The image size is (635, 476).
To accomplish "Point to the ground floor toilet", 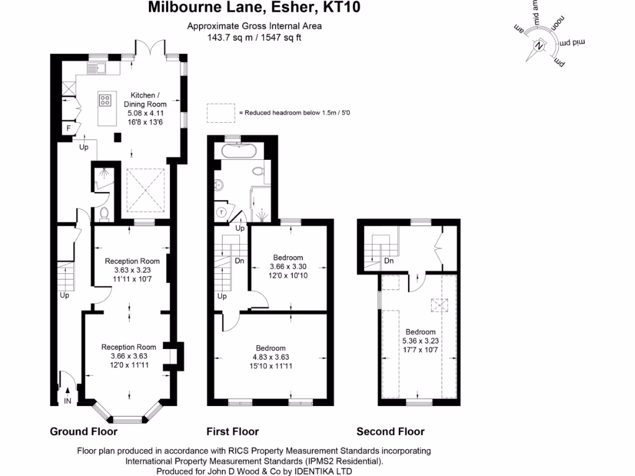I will point(104,213).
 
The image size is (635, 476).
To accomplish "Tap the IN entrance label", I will point(67,402).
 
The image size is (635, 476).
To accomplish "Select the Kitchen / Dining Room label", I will point(145,100).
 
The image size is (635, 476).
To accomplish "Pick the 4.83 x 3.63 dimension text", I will point(270,357).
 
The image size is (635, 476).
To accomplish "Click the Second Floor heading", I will point(390,431).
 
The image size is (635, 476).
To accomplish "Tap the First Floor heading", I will point(232,431).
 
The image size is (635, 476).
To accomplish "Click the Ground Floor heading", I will point(83,431).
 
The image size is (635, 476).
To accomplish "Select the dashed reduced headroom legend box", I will point(221,113).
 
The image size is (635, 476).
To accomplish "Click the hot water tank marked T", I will point(222,213).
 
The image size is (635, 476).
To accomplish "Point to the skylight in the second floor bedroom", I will point(437,306).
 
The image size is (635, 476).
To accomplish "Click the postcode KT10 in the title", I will point(343,8).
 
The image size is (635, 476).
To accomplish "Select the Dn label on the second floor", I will point(389,261).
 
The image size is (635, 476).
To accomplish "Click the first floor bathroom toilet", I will point(258,170).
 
